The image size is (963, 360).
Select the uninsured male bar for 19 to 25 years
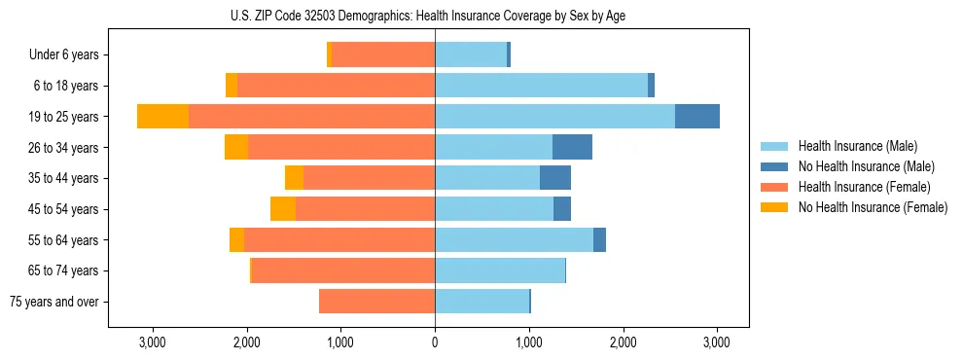697,116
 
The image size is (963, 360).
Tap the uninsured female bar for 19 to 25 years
162,116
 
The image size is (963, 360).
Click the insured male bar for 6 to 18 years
541,85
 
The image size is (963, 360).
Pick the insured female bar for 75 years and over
376,302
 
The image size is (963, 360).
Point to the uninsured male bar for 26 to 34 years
572,147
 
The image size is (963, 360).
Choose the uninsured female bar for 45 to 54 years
283,208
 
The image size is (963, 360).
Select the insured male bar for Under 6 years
471,54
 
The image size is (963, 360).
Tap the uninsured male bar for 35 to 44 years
555,177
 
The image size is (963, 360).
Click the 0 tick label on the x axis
435,343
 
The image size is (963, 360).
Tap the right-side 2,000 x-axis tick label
623,343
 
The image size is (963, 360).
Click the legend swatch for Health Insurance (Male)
774,146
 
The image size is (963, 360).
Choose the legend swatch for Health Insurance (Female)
774,187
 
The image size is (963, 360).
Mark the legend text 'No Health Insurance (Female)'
873,207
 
